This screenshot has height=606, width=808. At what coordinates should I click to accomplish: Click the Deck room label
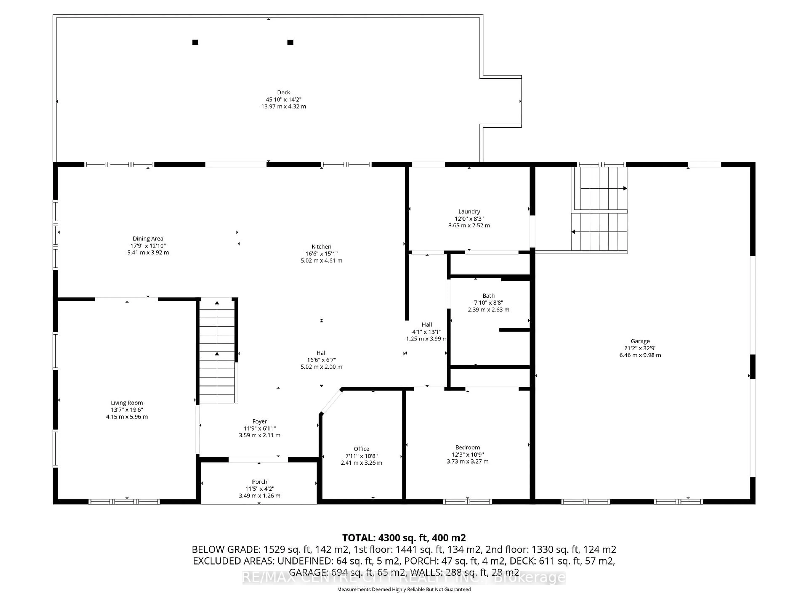(283, 92)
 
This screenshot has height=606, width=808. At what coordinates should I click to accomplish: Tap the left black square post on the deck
(195, 42)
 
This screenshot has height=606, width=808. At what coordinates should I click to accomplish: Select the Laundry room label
(469, 211)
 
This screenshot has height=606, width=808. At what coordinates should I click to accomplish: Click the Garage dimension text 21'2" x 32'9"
(640, 348)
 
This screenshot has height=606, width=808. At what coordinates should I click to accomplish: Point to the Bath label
(488, 295)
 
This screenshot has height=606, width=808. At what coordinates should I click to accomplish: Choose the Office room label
(361, 449)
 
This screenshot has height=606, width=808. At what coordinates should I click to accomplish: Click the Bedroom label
(468, 447)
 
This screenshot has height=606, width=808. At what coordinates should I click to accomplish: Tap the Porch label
(259, 481)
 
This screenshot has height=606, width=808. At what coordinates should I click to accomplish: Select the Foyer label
(259, 421)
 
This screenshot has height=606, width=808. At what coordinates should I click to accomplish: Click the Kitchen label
(322, 247)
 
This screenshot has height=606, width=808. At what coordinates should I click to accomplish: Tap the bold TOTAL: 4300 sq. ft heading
(404, 538)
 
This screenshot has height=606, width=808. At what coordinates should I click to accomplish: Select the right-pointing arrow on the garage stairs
(625, 189)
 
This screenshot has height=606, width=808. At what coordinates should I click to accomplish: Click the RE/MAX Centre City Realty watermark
(404, 578)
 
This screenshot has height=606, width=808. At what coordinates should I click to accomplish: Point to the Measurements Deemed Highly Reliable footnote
(404, 589)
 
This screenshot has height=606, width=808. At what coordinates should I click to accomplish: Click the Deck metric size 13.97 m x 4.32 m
(283, 106)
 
